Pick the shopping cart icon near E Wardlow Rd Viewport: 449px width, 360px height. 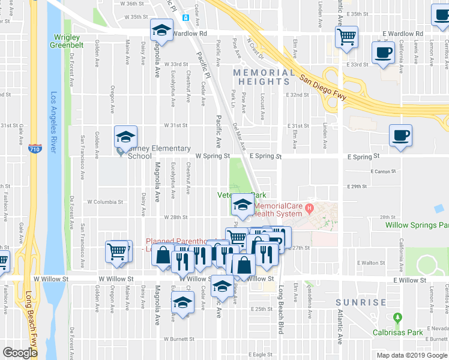tap(346, 36)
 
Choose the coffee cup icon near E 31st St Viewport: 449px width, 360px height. tap(400, 135)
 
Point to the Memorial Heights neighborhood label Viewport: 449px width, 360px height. tap(264, 77)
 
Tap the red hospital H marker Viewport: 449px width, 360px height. tap(309, 208)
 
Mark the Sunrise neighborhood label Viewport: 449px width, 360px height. tap(361, 302)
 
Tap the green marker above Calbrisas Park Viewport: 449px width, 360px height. tap(396, 317)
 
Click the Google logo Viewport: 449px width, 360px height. tap(20, 352)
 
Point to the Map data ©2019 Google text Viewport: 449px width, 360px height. tap(412, 355)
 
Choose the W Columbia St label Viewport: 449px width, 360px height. tap(104, 202)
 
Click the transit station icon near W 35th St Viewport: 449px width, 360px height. tap(186, 17)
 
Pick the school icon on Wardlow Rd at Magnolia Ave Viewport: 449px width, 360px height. tap(161, 29)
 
